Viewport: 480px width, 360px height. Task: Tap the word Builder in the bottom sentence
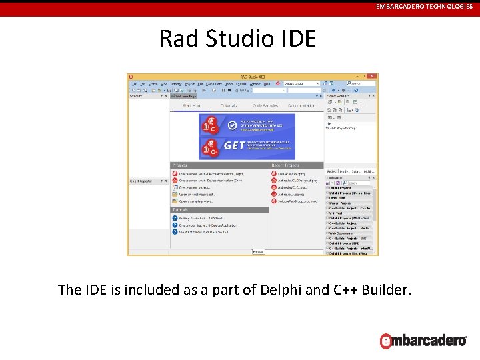(386, 290)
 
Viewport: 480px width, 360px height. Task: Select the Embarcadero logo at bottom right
(423, 340)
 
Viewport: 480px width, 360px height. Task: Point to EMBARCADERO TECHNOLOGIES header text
(424, 6)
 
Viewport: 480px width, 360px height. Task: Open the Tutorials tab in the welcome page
(229, 106)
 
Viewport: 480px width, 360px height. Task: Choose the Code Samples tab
(265, 106)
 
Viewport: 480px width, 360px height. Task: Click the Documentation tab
(301, 106)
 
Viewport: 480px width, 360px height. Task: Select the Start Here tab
(191, 106)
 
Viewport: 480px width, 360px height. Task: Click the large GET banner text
(233, 145)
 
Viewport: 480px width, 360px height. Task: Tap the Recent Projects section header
(285, 165)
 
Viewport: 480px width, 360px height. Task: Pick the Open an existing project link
(195, 195)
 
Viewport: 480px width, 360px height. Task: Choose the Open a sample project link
(195, 201)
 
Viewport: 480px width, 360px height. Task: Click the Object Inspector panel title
(141, 181)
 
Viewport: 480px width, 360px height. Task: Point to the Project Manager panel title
(339, 95)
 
